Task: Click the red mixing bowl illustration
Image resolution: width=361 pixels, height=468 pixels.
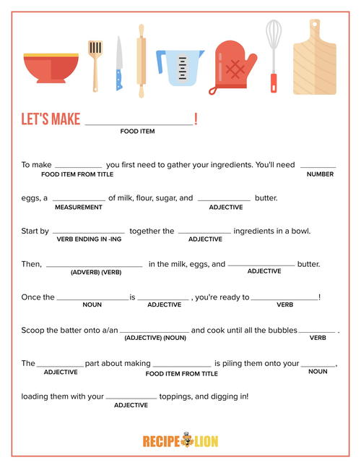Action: [x=51, y=67]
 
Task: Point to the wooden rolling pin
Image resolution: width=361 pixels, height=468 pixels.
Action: [x=142, y=61]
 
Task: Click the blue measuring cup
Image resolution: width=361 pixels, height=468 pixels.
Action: [x=180, y=68]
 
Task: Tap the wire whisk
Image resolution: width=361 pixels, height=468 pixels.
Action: [x=274, y=54]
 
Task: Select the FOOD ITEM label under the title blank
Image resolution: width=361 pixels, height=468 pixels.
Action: [x=137, y=132]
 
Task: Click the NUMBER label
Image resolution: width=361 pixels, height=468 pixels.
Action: [x=320, y=174]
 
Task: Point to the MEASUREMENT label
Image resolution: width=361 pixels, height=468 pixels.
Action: [x=79, y=208]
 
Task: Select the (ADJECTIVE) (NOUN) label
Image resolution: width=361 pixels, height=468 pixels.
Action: [x=155, y=338]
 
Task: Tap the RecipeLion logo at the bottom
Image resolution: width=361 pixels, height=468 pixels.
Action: [x=180, y=441]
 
